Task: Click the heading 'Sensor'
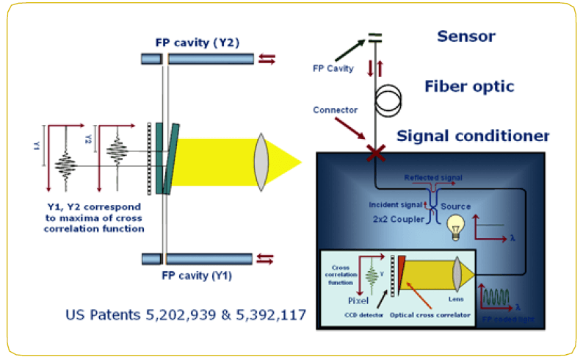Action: coord(466,35)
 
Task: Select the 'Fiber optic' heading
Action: coord(469,87)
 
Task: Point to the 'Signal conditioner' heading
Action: coord(474,136)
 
